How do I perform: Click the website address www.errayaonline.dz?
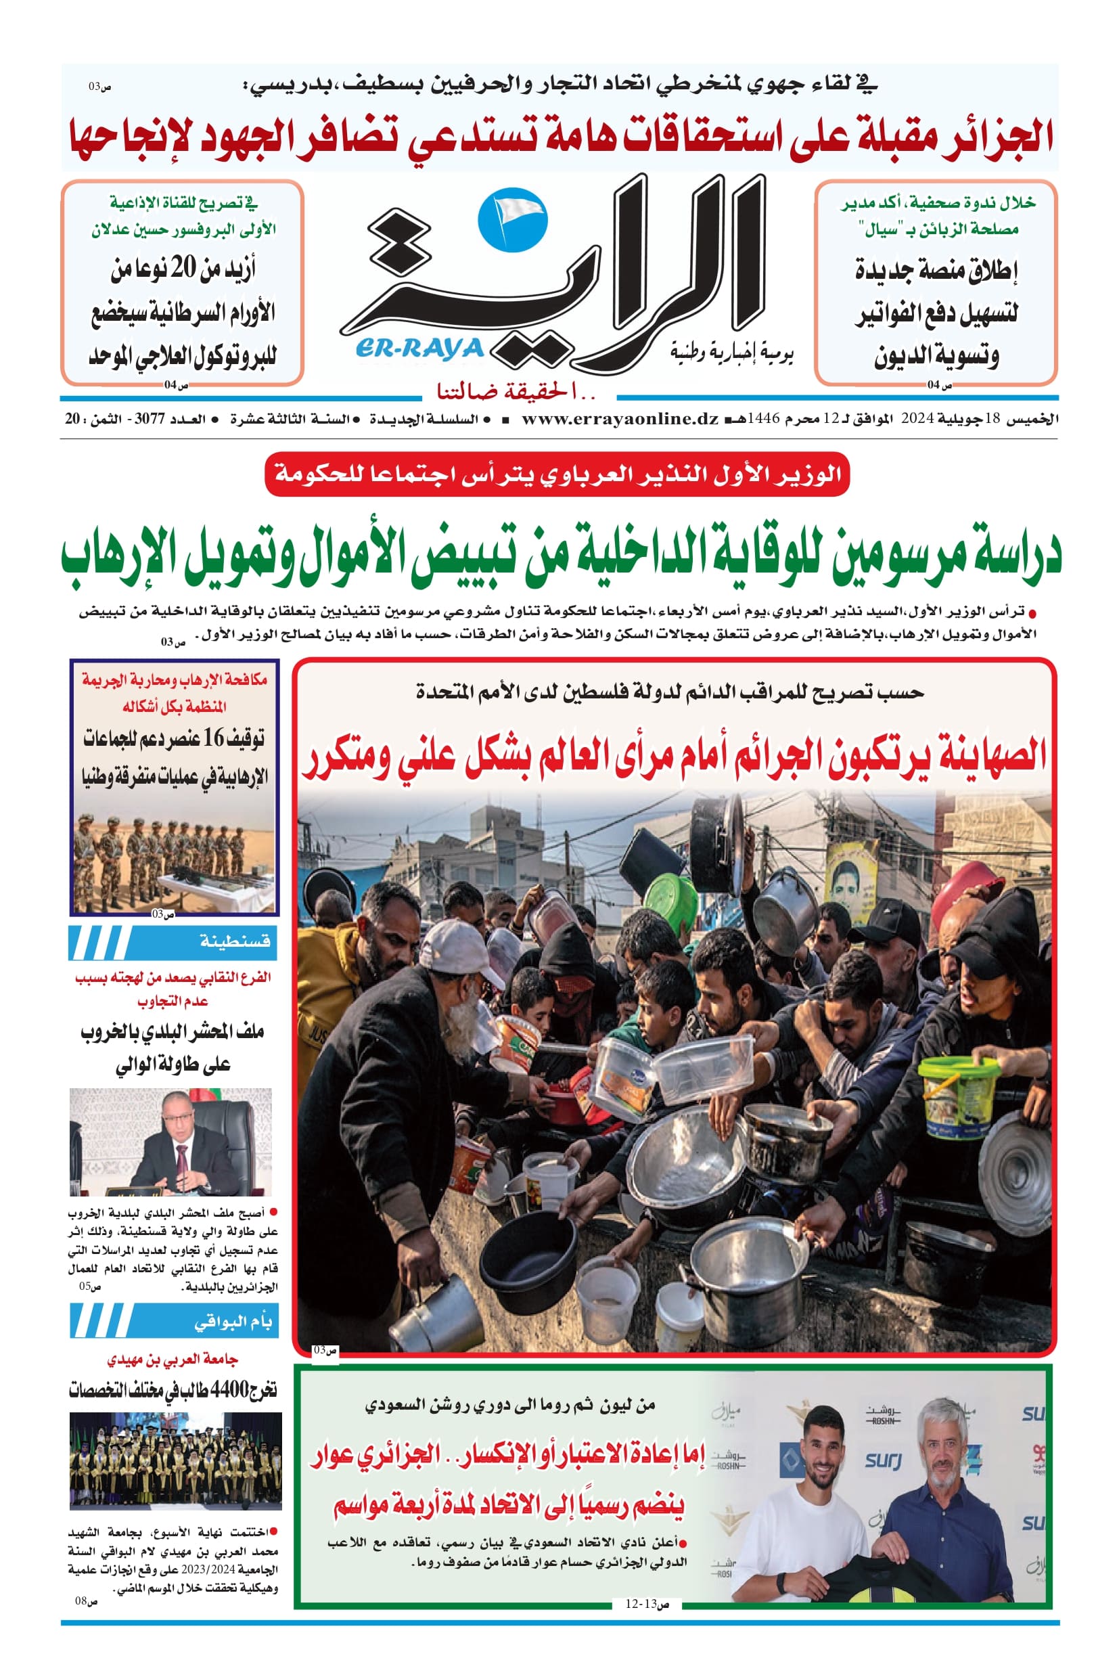620,420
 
